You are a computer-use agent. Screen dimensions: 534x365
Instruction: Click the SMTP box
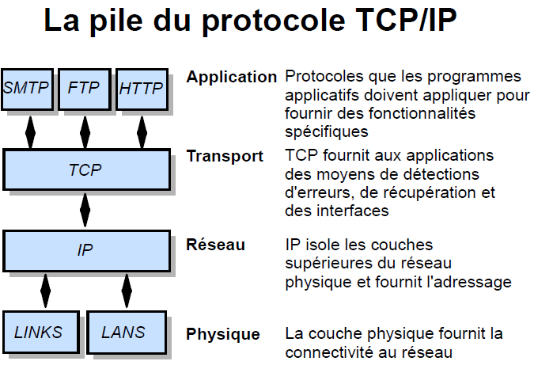(27, 89)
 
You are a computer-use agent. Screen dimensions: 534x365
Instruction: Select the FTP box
(85, 89)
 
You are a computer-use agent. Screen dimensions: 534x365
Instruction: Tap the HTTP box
(142, 89)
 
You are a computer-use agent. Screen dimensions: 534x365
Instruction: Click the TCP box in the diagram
(86, 169)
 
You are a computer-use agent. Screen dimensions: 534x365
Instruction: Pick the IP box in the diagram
(86, 251)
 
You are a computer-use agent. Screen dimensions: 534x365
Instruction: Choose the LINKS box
(41, 333)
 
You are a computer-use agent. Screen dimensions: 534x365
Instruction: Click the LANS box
(127, 333)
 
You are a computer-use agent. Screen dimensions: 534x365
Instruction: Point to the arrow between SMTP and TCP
(30, 132)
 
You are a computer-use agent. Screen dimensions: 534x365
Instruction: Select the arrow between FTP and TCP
(85, 132)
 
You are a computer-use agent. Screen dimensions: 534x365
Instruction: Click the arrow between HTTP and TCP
(142, 132)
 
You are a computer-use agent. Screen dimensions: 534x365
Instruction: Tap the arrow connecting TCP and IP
(85, 210)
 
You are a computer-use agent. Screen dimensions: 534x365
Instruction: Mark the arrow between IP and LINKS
(45, 291)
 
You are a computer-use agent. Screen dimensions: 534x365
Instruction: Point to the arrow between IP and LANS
(127, 291)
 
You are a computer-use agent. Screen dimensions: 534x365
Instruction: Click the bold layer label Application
(232, 78)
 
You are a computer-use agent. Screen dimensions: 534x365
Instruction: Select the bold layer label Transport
(225, 157)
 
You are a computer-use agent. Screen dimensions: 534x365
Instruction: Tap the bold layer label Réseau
(215, 245)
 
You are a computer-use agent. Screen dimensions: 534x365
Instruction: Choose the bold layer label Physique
(223, 334)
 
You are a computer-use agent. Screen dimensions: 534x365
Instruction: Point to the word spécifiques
(327, 132)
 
